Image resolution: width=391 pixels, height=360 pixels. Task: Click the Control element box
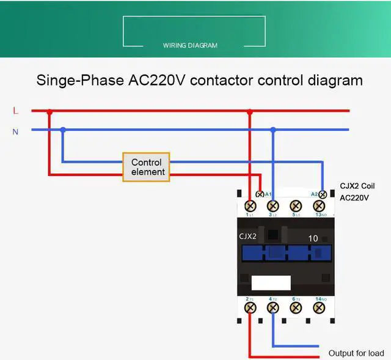pyautogui.click(x=146, y=167)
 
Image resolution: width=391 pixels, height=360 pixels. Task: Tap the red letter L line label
pyautogui.click(x=16, y=111)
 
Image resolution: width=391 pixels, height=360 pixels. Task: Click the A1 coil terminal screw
pyautogui.click(x=260, y=194)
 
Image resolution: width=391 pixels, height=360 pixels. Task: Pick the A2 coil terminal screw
pyautogui.click(x=323, y=194)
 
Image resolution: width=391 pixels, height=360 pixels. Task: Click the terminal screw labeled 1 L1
pyautogui.click(x=250, y=206)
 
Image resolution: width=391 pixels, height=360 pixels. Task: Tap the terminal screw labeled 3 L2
pyautogui.click(x=273, y=206)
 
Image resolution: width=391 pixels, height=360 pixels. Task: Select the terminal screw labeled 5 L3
pyautogui.click(x=296, y=206)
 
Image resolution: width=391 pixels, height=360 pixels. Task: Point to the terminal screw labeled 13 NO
pyautogui.click(x=319, y=206)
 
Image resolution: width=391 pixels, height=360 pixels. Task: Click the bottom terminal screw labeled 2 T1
pyautogui.click(x=250, y=307)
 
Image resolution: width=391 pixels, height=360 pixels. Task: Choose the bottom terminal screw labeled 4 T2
pyautogui.click(x=272, y=307)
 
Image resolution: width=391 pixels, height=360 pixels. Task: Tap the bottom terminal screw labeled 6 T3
pyautogui.click(x=296, y=307)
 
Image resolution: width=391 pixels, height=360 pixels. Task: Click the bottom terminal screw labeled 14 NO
pyautogui.click(x=318, y=307)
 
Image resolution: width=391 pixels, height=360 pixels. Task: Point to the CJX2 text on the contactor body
pyautogui.click(x=247, y=236)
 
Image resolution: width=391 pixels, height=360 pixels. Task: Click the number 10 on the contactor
pyautogui.click(x=313, y=238)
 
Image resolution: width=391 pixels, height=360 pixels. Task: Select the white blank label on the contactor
pyautogui.click(x=271, y=282)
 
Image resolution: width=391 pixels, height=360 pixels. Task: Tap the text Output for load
pyautogui.click(x=356, y=353)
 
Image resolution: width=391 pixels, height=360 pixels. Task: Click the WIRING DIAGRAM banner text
pyautogui.click(x=190, y=45)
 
